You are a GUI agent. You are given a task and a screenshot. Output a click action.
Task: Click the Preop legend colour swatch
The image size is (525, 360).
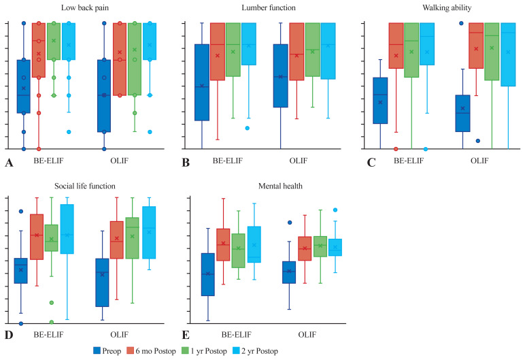[97, 350]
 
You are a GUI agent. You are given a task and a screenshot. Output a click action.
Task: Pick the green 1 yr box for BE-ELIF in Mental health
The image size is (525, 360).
[238, 250]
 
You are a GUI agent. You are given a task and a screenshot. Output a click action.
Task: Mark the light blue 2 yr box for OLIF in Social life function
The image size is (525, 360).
[149, 232]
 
